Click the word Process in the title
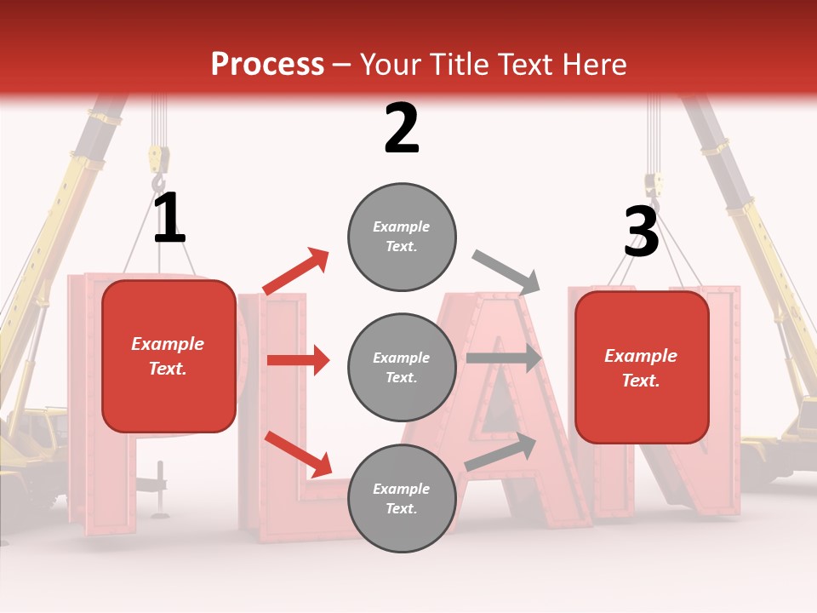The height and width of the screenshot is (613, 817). (267, 64)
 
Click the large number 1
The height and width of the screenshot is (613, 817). (169, 219)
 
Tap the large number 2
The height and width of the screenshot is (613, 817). (401, 129)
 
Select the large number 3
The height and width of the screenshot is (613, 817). (641, 232)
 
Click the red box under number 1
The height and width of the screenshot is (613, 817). (169, 356)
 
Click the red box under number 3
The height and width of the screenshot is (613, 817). (641, 368)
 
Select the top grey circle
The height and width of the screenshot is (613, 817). (402, 237)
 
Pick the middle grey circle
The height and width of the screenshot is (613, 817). (402, 368)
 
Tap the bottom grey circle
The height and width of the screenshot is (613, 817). (402, 498)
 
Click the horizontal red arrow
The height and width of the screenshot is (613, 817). (298, 360)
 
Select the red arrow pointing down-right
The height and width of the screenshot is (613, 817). (298, 454)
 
